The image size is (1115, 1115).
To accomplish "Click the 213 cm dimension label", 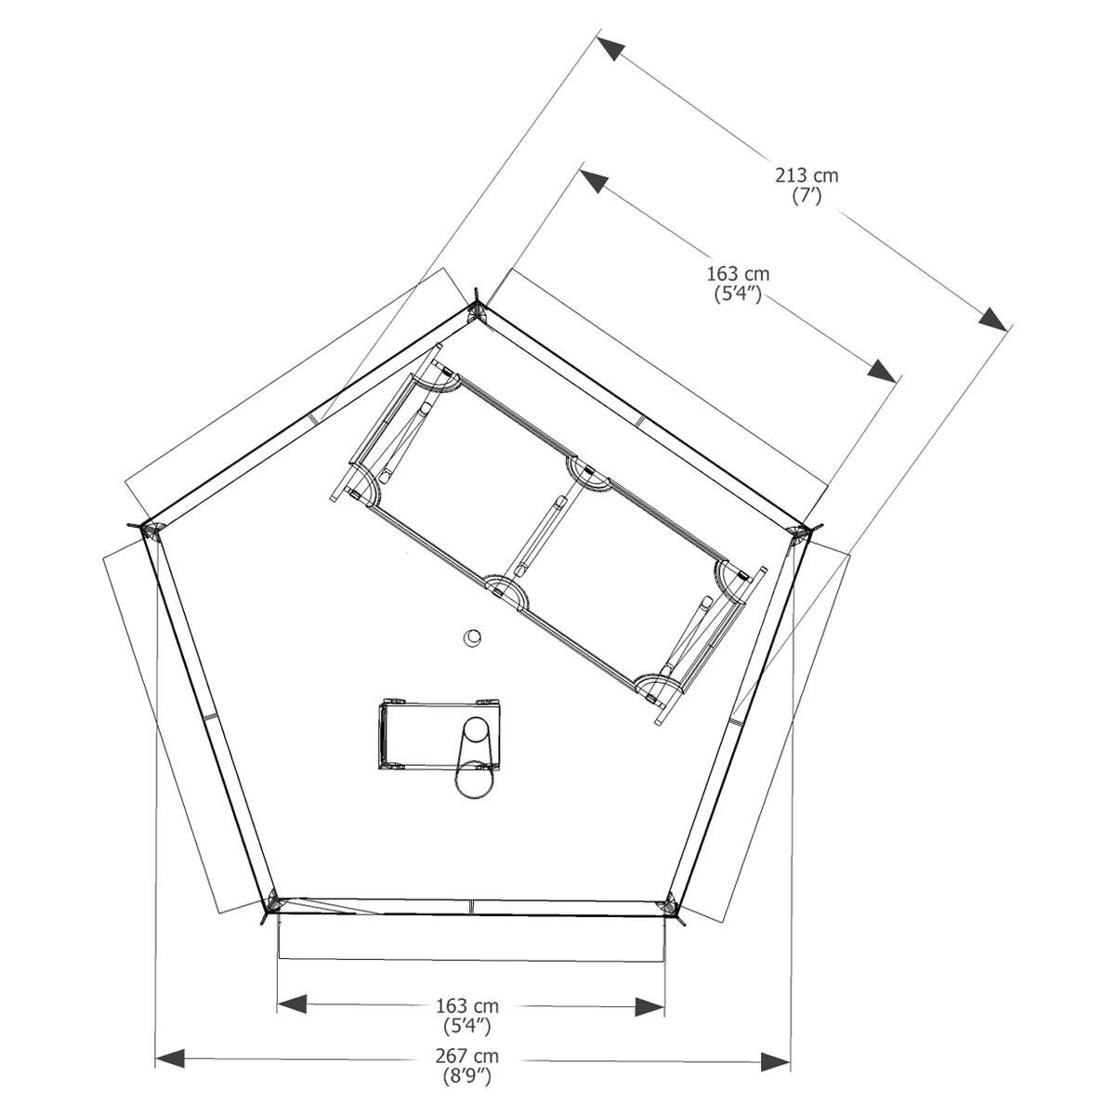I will click(807, 175).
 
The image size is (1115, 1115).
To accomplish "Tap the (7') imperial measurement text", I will click(807, 196).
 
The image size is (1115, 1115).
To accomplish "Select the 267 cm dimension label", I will click(467, 1056).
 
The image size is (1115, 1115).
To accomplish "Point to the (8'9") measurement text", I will click(467, 1078).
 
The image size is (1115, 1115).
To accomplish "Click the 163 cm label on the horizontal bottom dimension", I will click(467, 1005).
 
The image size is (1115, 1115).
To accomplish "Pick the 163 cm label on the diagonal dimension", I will click(739, 274).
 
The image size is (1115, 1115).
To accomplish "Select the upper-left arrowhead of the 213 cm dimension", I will click(610, 48).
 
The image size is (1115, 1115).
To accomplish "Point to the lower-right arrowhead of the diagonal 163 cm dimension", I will click(883, 370).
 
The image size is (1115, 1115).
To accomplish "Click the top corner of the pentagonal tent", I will click(477, 309).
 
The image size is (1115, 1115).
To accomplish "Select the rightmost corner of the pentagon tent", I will click(801, 532).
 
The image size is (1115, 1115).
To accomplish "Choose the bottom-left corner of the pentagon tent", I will click(273, 902).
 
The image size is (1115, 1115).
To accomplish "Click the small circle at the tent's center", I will click(474, 637).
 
